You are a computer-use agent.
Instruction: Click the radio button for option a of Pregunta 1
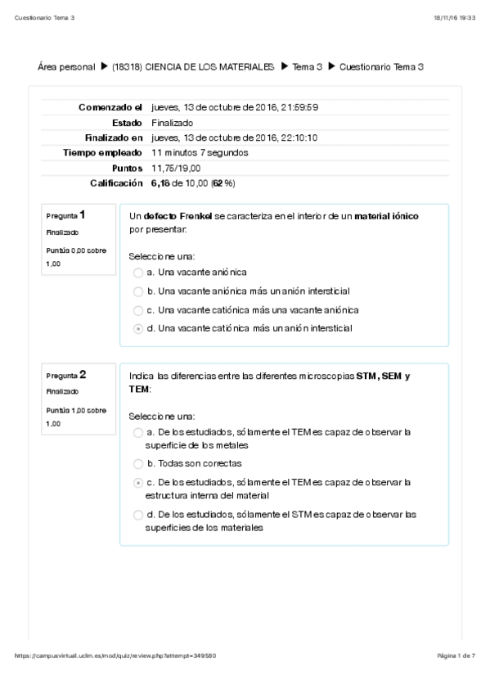137,272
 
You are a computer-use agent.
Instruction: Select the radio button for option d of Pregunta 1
137,328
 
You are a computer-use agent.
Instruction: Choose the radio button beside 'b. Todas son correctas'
137,463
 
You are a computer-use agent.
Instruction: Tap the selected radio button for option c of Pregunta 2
137,483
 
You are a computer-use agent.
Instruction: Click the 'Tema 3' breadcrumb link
307,66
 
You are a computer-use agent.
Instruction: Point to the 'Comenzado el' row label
110,107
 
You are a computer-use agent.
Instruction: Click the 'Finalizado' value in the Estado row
173,122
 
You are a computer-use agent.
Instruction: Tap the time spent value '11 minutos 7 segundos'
200,152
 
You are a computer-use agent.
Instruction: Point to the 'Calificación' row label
116,183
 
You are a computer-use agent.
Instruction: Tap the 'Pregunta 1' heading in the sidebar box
66,215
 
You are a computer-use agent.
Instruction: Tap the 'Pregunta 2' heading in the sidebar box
66,375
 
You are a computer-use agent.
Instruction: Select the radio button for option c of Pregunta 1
137,310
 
